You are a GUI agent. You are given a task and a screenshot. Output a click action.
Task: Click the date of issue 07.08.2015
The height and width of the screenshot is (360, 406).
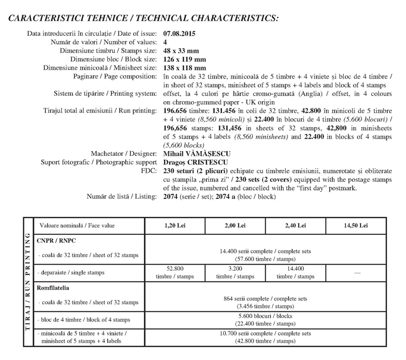coord(179,34)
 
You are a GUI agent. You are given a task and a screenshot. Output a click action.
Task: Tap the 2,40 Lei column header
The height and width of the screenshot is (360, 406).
coord(295,225)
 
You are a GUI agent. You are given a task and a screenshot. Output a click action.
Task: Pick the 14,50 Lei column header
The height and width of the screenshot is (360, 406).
coord(356,225)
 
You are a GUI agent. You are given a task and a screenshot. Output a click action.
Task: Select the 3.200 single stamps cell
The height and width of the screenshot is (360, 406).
coord(235,272)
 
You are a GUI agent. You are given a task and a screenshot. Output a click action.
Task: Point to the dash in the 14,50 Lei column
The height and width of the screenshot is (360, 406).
coord(356,273)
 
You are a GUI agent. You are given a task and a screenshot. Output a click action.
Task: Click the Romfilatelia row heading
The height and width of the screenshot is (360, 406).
coord(55,288)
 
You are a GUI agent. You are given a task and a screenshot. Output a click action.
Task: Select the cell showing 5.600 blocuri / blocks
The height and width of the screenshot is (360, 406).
coord(265,319)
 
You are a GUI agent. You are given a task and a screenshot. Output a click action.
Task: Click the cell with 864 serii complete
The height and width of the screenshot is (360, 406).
coord(265,302)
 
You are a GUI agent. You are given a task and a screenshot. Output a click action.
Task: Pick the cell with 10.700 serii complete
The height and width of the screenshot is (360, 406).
coord(265,337)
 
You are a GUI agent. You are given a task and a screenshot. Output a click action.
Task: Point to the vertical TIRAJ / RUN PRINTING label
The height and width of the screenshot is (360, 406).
coord(27,282)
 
